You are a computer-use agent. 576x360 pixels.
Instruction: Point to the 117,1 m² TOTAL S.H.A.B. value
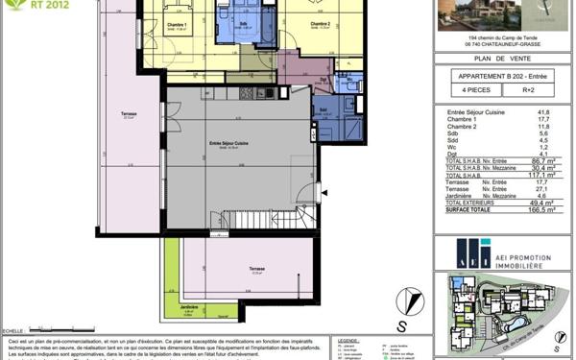[x=540, y=176]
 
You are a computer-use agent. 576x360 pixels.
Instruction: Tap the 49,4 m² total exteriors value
[x=541, y=204]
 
